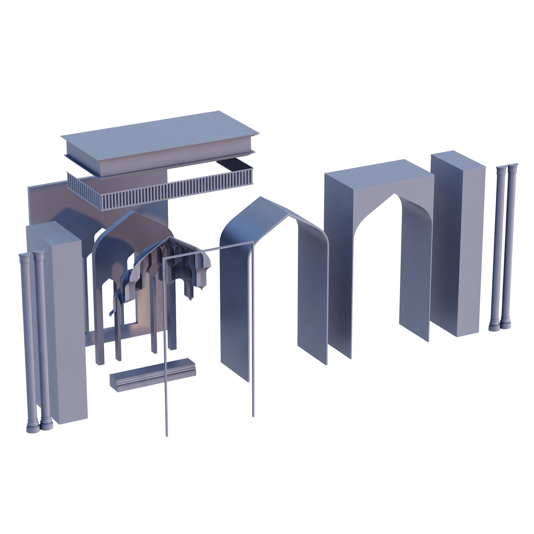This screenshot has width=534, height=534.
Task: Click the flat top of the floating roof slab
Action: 160,135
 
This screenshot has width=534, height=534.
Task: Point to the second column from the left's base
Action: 46,426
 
